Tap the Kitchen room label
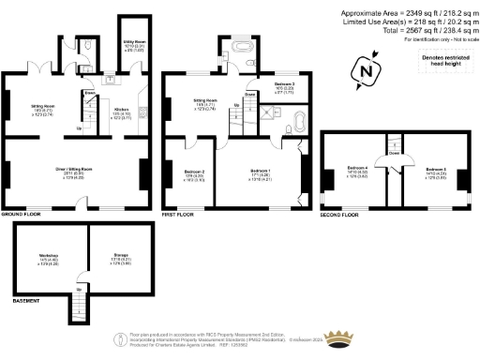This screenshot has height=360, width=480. click(x=121, y=112)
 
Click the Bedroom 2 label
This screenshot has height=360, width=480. click(x=194, y=174)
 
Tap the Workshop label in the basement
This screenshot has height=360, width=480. click(x=49, y=258)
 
